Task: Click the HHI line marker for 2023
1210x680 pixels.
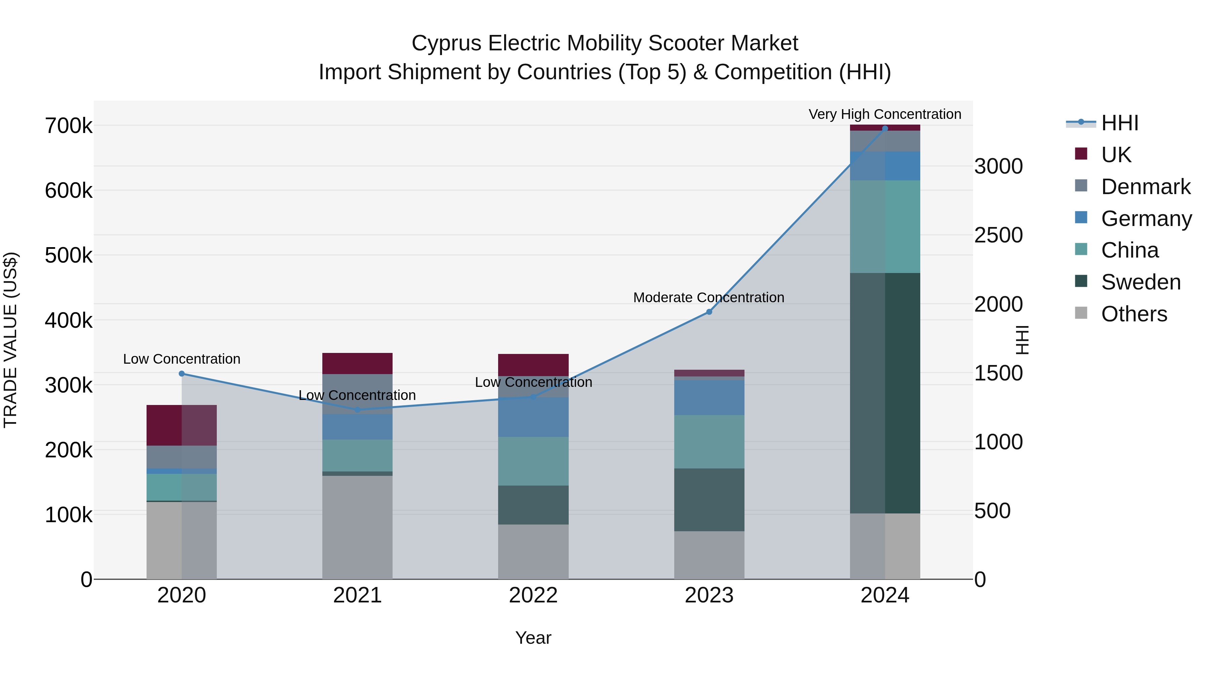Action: coord(709,312)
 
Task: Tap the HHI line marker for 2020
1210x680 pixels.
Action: coord(182,373)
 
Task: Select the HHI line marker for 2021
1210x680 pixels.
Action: coord(358,410)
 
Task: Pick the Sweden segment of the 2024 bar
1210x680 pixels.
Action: coord(885,393)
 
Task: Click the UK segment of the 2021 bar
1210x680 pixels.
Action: coord(358,363)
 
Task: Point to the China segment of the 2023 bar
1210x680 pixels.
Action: coord(709,442)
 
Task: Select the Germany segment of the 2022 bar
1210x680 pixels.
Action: coord(533,417)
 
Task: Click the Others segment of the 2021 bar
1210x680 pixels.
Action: coord(358,528)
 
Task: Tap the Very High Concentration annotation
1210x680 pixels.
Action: coord(885,114)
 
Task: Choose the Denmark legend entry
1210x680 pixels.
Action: coord(1145,187)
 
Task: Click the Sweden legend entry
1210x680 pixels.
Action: coord(1140,282)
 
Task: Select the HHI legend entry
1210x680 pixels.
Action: coord(1119,123)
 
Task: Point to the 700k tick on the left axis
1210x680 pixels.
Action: coord(69,126)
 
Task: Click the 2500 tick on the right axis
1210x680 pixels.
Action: coord(998,235)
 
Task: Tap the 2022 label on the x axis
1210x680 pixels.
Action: coord(533,595)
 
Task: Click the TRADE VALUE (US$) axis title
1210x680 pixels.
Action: coord(10,340)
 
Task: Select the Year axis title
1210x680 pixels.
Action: coord(533,638)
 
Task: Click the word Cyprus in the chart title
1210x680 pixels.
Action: coord(446,43)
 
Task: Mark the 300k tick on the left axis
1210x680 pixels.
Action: coord(69,385)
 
